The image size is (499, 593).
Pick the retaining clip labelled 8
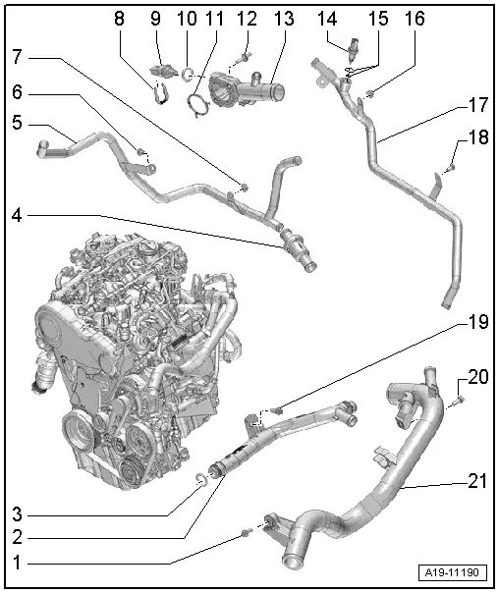pos(157,93)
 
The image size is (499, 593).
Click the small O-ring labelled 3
pos(198,479)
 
